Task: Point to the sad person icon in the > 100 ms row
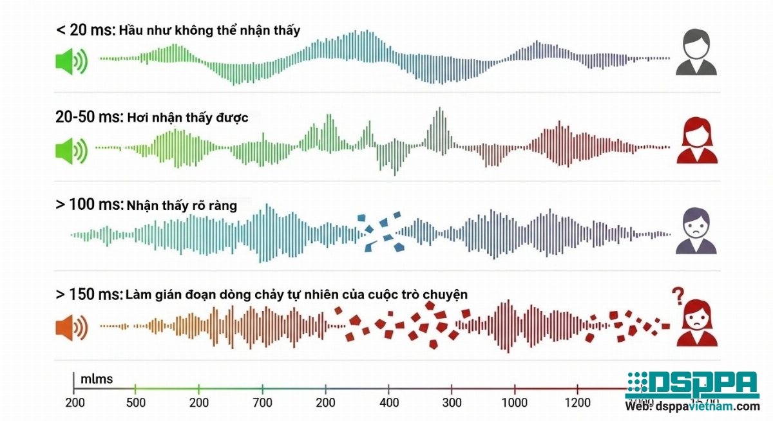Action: coord(696,230)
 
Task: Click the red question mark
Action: coord(677,295)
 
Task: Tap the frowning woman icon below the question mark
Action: coord(697,323)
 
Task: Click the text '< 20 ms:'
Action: coord(85,30)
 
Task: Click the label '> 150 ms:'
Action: coord(89,294)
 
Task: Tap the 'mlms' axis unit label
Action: coord(97,379)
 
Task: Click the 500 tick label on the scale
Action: coord(135,403)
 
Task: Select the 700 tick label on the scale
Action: coord(262,403)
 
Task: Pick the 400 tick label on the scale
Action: coord(388,403)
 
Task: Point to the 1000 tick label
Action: coord(515,403)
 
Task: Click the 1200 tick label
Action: coord(577,403)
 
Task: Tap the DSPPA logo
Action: coord(692,385)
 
